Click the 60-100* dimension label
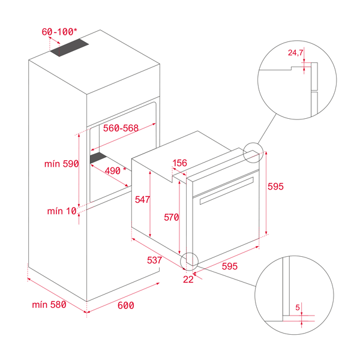pyautogui.click(x=59, y=31)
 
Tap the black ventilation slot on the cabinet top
pyautogui.click(x=69, y=49)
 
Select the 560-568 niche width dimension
pyautogui.click(x=121, y=128)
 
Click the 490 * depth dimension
pyautogui.click(x=116, y=170)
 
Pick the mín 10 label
pyautogui.click(x=62, y=211)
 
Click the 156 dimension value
pyautogui.click(x=179, y=163)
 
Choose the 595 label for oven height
pyautogui.click(x=275, y=187)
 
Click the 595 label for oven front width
pyautogui.click(x=230, y=266)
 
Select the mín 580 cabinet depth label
pyautogui.click(x=49, y=305)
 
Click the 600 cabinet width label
pyautogui.click(x=125, y=305)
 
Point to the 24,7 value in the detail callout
pyautogui.click(x=296, y=53)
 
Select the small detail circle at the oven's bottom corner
pyautogui.click(x=190, y=260)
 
